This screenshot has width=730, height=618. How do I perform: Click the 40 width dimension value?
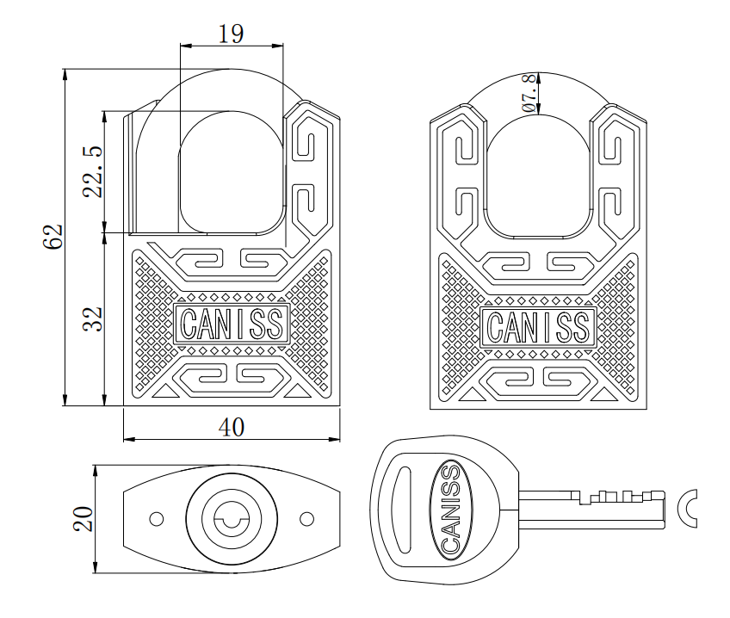(229, 427)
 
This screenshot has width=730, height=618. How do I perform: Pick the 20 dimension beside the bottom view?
(82, 520)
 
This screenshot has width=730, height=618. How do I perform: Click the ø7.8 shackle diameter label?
(530, 93)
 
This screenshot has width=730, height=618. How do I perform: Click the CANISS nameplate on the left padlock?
(231, 324)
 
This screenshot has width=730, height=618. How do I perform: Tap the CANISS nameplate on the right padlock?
(538, 326)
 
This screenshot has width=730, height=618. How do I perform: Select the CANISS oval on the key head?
(449, 509)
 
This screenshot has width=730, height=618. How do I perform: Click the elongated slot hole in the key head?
(400, 508)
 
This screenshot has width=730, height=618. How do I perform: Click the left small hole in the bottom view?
(156, 520)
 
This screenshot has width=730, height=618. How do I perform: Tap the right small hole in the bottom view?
(306, 520)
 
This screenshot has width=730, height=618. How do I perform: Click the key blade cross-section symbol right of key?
(688, 508)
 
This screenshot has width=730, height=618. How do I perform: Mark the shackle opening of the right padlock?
(538, 172)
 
